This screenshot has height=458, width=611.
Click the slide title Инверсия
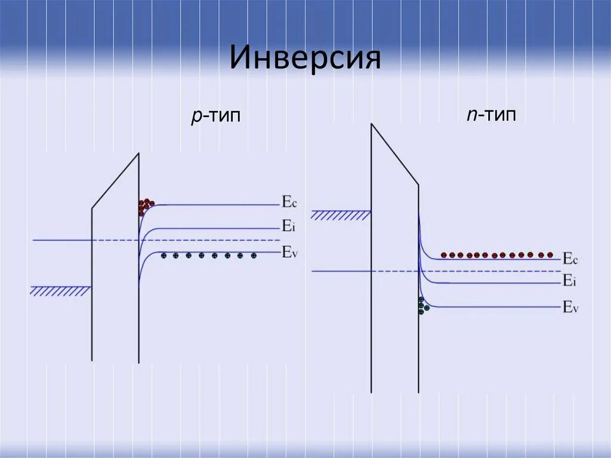(305, 59)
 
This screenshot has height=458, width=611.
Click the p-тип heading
(215, 116)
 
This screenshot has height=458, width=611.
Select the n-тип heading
(492, 115)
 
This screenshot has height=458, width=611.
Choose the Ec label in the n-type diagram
(570, 259)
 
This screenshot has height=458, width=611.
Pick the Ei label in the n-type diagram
(569, 281)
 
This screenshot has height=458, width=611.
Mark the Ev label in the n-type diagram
(570, 308)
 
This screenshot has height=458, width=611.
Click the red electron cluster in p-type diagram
(146, 207)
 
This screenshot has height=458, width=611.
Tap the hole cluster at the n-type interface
(423, 306)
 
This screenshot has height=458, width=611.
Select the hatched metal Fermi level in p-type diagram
(60, 291)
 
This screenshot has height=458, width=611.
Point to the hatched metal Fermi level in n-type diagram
(341, 215)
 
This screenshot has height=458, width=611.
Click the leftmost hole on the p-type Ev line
(163, 256)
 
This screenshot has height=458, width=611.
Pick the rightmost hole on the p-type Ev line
(254, 256)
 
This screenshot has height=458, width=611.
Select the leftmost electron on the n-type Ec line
(444, 255)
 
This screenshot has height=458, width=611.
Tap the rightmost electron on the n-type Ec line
(550, 254)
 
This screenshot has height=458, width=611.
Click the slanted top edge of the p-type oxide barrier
(115, 181)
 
